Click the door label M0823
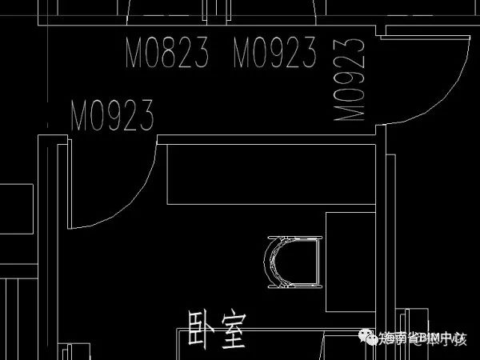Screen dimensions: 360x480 (x=167, y=54)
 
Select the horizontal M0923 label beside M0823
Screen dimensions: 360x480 (x=275, y=54)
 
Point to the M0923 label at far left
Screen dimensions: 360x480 (x=112, y=116)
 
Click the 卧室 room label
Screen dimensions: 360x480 (x=216, y=328)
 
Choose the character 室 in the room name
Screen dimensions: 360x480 (x=233, y=329)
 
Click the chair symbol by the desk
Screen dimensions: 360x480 (x=293, y=262)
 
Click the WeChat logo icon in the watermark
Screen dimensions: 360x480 (x=370, y=339)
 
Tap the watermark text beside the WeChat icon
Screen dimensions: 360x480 (x=424, y=340)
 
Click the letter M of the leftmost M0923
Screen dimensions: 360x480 (x=80, y=116)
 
